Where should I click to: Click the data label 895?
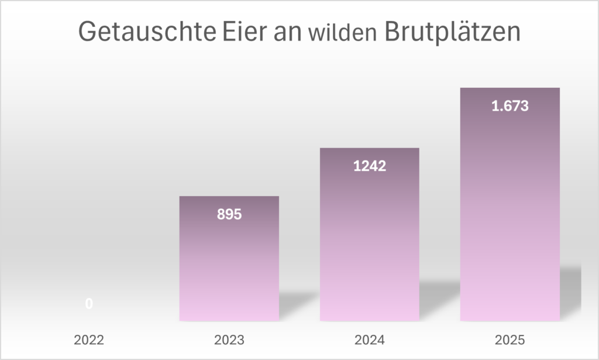point(229,214)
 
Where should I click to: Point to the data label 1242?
point(369,166)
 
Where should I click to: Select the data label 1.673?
point(510,107)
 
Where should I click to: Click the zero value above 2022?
point(89,304)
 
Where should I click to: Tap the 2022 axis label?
point(89,340)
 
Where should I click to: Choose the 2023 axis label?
point(229,340)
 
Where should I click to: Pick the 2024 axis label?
point(369,340)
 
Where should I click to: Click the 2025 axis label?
point(510,340)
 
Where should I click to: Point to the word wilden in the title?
point(341,33)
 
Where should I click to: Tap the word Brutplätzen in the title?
point(452,32)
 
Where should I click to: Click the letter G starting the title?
point(87,32)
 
